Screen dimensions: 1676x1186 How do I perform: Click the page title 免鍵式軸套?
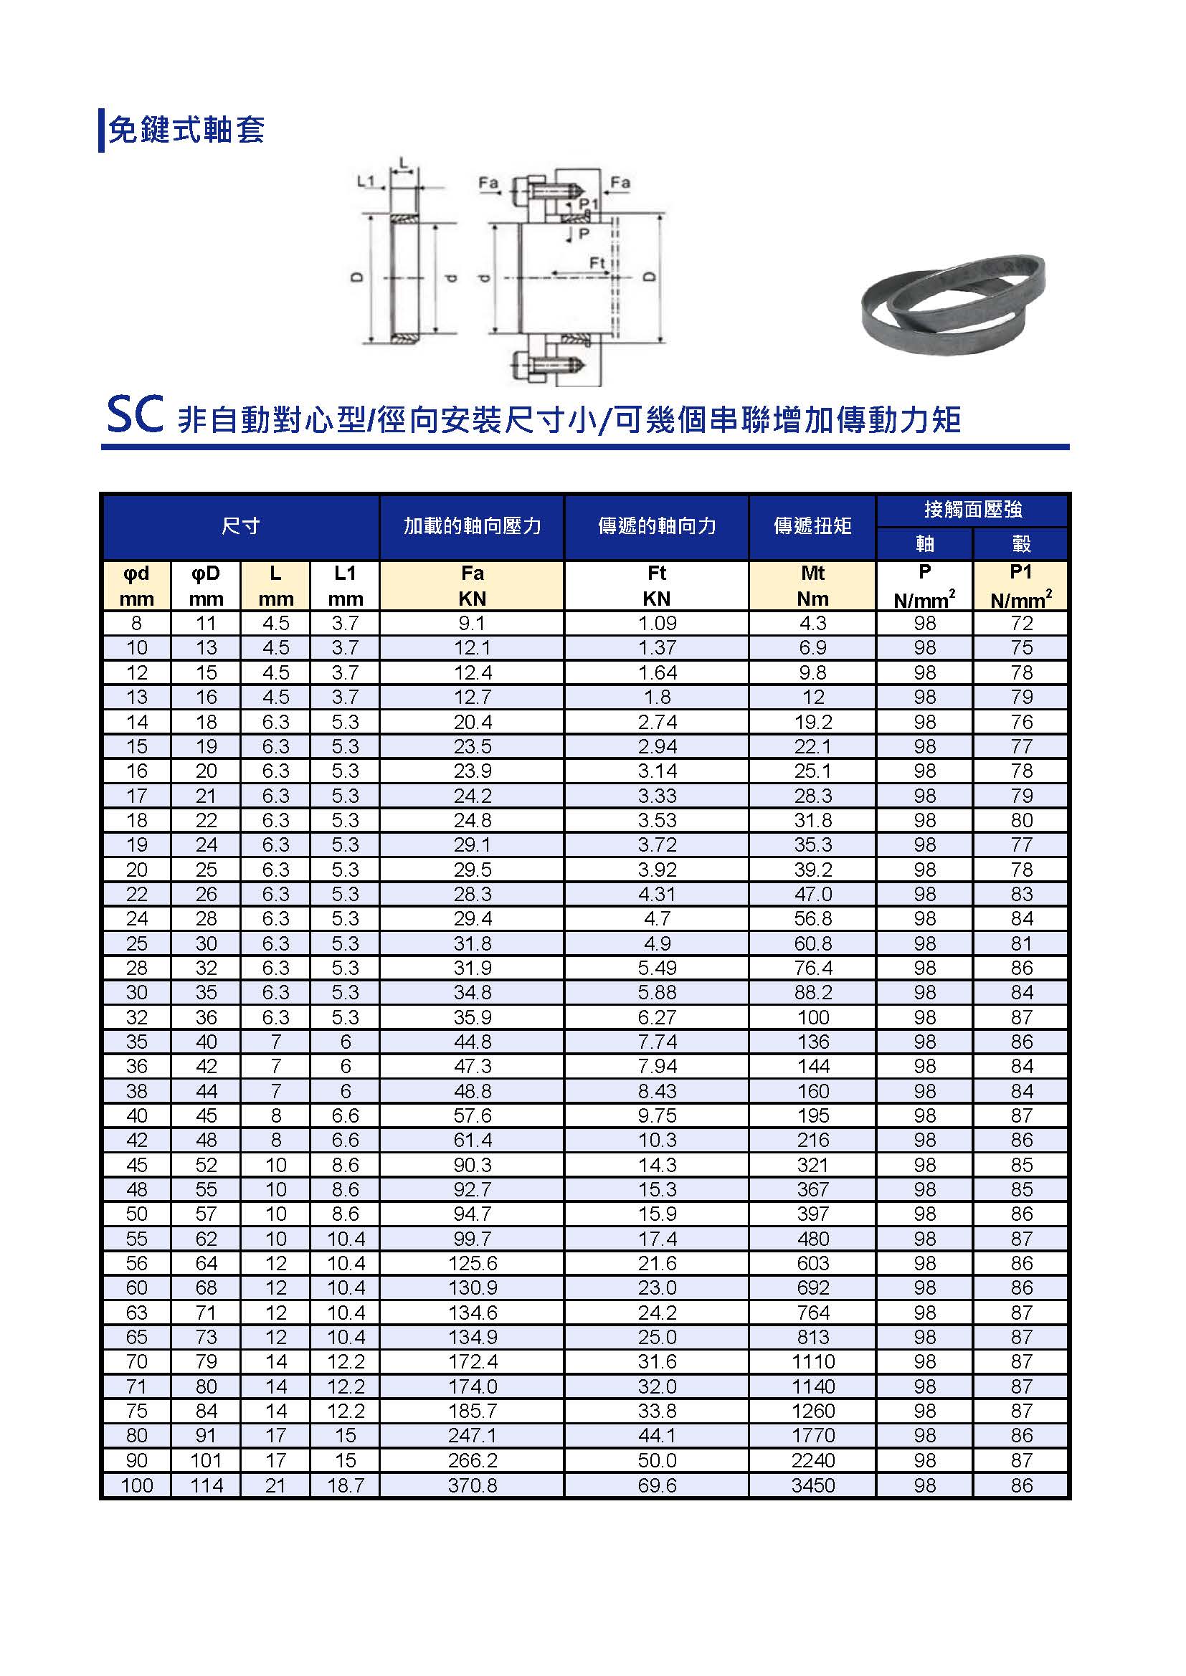click(x=186, y=130)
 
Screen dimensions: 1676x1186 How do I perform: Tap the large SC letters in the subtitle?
click(x=134, y=415)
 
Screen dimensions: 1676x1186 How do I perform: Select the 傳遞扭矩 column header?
click(x=812, y=525)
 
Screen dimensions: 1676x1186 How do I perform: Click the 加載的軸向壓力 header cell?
click(x=472, y=525)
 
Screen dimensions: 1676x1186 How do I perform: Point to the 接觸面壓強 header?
click(x=972, y=510)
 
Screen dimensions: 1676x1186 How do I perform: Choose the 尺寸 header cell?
click(x=240, y=525)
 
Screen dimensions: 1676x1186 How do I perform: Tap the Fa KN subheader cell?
click(x=472, y=586)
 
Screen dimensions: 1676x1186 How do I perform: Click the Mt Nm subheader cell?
click(x=812, y=586)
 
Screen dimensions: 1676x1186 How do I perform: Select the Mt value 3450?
click(x=813, y=1485)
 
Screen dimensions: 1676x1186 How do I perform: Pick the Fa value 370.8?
click(x=472, y=1485)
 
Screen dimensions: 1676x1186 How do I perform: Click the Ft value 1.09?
click(x=657, y=624)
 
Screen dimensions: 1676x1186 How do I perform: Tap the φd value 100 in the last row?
click(x=136, y=1485)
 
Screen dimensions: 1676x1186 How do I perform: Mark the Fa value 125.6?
click(x=472, y=1263)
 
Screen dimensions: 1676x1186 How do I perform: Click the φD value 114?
click(x=206, y=1485)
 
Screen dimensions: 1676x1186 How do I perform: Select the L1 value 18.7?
click(x=346, y=1485)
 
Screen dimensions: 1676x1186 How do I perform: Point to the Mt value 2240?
click(x=813, y=1460)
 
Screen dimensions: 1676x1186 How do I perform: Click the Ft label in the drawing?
click(x=597, y=262)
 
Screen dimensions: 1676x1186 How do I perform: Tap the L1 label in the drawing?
click(x=365, y=181)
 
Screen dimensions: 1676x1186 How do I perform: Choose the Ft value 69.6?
click(x=657, y=1485)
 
